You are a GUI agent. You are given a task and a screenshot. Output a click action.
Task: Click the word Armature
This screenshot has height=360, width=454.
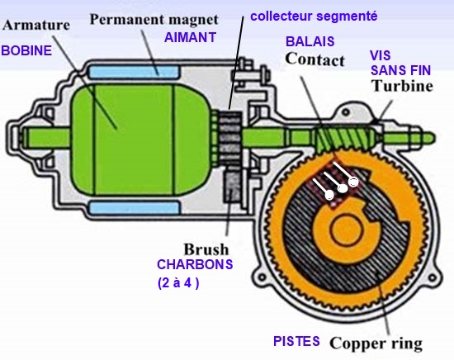point(36,25)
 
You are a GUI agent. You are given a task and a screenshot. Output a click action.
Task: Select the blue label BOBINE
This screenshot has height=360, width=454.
point(26,50)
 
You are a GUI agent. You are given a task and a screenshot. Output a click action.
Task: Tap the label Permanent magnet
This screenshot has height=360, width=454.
point(154,20)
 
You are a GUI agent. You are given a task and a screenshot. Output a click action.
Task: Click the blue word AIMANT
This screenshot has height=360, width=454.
point(190,37)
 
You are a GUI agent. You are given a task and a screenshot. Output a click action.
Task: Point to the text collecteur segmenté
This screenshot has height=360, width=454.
point(314,17)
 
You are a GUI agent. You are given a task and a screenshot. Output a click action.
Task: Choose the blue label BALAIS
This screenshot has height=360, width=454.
point(310,41)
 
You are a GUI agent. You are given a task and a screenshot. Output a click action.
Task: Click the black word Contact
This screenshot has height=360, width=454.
point(315,59)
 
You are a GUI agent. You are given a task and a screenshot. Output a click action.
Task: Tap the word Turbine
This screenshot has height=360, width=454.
point(402,86)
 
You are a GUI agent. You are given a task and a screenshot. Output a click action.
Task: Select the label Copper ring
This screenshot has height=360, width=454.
point(376,343)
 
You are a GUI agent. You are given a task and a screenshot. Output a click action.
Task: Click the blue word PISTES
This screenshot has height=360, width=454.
point(296,341)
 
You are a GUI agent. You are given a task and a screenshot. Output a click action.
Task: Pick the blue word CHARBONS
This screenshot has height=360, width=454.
point(195,264)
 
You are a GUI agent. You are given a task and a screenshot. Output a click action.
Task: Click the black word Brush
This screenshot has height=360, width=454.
point(206,249)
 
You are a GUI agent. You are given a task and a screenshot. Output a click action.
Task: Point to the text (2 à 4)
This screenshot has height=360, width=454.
point(178,283)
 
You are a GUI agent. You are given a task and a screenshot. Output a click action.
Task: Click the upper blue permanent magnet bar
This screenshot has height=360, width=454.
point(134,72)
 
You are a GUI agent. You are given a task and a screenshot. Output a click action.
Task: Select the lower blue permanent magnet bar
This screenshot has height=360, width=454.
point(135,207)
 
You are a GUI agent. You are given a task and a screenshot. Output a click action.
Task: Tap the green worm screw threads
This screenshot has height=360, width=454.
point(343,139)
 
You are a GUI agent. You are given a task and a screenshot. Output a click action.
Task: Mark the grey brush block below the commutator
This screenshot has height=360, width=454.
point(232,187)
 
